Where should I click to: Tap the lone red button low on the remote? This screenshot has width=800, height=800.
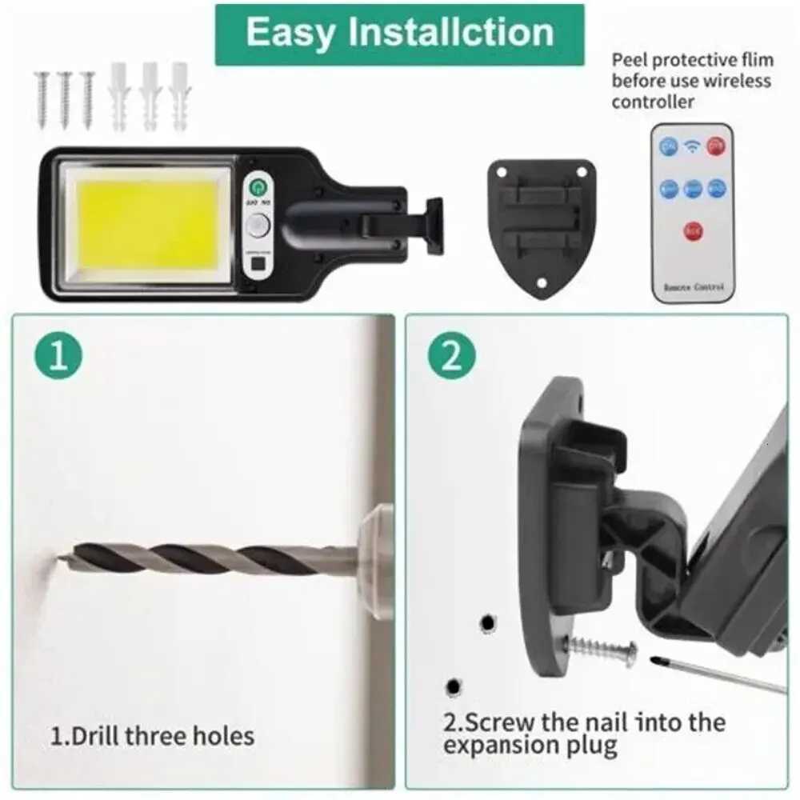coord(693,232)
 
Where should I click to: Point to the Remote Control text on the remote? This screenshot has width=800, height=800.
coord(692,286)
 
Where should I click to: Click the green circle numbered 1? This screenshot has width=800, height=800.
coord(58,356)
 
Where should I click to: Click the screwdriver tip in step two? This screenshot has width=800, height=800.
coord(658,661)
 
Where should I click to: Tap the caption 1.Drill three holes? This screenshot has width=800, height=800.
coord(152,735)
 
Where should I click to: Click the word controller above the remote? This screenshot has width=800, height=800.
coord(653,102)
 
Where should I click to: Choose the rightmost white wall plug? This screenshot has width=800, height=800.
coord(179,97)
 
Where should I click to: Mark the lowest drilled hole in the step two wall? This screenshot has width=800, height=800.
coord(454,686)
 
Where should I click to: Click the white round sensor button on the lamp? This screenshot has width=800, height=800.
coord(257,226)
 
